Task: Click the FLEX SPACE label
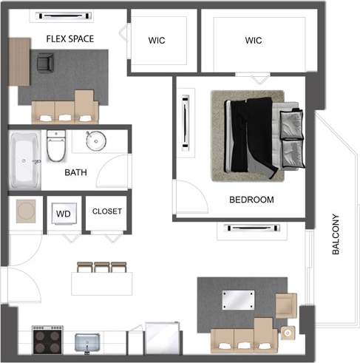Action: [x=70, y=38]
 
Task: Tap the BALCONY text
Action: [x=336, y=234]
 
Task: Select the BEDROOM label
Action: [x=251, y=200]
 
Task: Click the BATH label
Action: [x=75, y=173]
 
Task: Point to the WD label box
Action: [x=64, y=214]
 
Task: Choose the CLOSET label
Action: [x=107, y=211]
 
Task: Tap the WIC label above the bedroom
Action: [x=253, y=41]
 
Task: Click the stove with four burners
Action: [x=48, y=341]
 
